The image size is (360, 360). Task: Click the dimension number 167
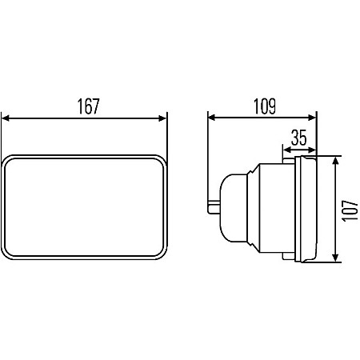pos(88,106)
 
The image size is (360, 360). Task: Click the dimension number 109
pos(265,106)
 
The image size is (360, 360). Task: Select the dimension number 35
pos(299,138)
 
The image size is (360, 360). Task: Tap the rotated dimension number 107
pos(350,210)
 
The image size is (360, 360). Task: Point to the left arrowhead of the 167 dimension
pos(6,118)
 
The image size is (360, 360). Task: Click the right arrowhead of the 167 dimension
pos(162,118)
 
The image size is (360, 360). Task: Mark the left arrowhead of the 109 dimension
pos(211,118)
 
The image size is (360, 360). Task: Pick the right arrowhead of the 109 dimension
pos(312,118)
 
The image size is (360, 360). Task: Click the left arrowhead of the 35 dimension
pos(286,150)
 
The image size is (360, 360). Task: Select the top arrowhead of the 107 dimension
pos(336,161)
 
